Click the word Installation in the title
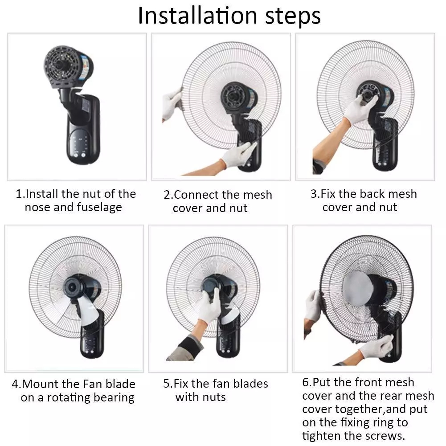[197, 16]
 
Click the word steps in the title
[293, 17]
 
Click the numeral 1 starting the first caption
[18, 194]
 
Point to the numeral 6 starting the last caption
[306, 382]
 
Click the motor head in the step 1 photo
[68, 67]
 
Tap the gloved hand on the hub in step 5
[210, 307]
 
